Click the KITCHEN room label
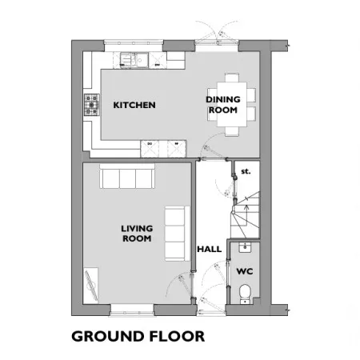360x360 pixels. pyautogui.click(x=134, y=105)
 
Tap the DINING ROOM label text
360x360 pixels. pyautogui.click(x=223, y=105)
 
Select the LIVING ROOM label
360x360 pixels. pyautogui.click(x=137, y=234)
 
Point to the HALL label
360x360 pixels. pyautogui.click(x=210, y=249)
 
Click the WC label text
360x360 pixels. pyautogui.click(x=245, y=271)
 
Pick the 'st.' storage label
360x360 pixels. pyautogui.click(x=246, y=171)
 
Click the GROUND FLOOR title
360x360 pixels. pyautogui.click(x=138, y=336)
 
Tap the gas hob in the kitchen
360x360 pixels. pyautogui.click(x=92, y=105)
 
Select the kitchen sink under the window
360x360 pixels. pyautogui.click(x=134, y=60)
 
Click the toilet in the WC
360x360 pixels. pyautogui.click(x=245, y=294)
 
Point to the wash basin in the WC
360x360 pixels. pyautogui.click(x=245, y=247)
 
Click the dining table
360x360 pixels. pyautogui.click(x=232, y=105)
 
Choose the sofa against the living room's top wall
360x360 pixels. pyautogui.click(x=127, y=177)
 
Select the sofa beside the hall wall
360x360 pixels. pyautogui.click(x=177, y=234)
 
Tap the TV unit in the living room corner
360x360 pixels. pyautogui.click(x=91, y=286)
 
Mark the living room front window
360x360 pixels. pyautogui.click(x=132, y=310)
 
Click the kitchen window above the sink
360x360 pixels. pyautogui.click(x=134, y=46)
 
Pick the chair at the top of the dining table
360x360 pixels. pyautogui.click(x=232, y=78)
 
